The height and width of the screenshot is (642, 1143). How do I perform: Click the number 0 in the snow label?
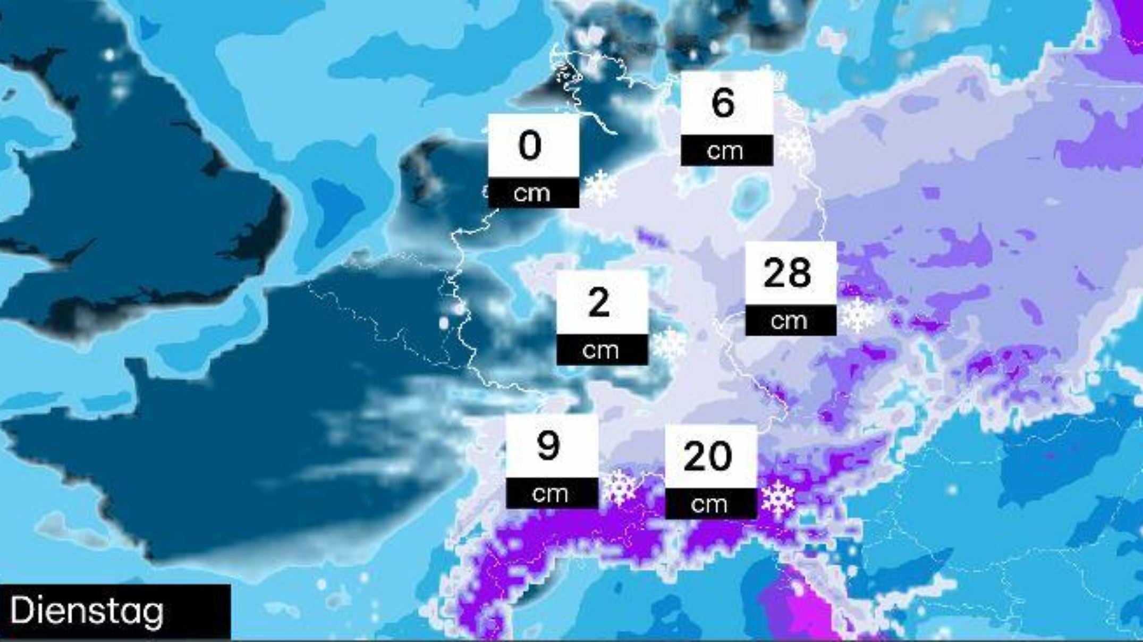point(530,146)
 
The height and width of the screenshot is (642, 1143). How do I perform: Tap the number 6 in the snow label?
point(723,103)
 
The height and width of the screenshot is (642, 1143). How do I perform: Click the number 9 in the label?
point(549,446)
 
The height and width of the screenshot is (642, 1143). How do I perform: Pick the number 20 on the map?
point(708,457)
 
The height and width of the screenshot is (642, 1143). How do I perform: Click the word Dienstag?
point(87,611)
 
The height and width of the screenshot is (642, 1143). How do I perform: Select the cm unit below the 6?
point(725,151)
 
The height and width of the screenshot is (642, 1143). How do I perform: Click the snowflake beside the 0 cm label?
point(600,187)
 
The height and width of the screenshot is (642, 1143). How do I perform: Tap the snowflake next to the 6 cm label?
point(794,146)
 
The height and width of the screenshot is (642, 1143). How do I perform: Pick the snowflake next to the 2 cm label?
point(669,344)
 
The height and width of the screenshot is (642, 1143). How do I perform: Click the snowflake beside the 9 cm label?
point(620,487)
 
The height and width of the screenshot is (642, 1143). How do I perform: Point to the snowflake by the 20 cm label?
point(778,499)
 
